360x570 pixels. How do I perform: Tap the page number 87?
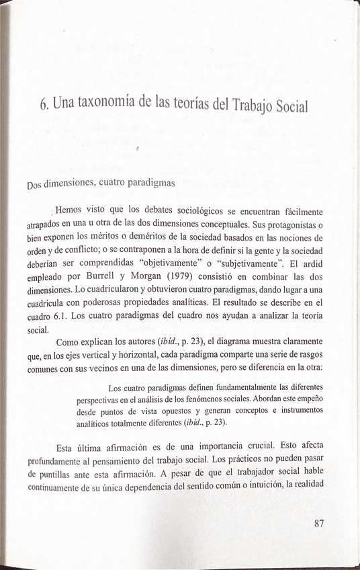(x=319, y=525)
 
